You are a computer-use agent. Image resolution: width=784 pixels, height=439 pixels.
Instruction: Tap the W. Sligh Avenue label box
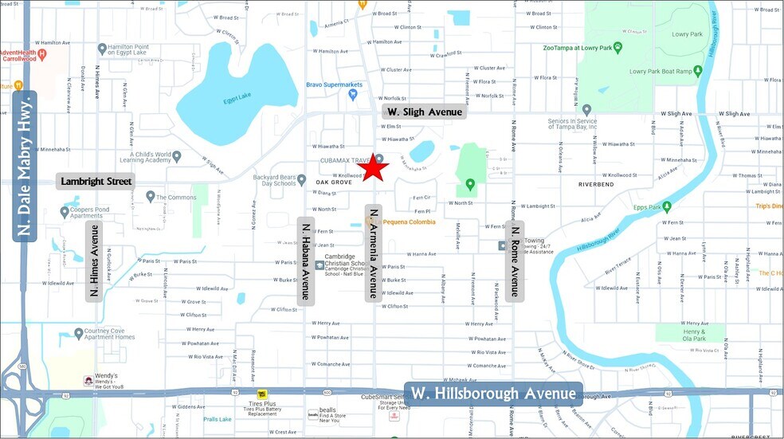422,112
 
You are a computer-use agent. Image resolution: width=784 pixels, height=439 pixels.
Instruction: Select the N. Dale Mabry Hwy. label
26,165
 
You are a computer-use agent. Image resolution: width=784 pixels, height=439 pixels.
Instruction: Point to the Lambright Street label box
96,182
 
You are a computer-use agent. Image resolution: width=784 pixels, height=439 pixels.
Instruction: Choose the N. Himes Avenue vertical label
94,261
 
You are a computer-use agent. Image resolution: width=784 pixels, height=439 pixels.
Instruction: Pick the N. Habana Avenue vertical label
304,261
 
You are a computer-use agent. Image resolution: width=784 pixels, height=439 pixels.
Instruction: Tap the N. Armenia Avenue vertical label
371,253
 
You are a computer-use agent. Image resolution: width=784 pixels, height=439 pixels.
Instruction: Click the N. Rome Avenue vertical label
515,261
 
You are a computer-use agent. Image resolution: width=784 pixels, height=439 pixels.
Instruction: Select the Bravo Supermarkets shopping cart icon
353,95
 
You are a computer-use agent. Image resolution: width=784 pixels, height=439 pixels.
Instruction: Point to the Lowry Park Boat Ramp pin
699,72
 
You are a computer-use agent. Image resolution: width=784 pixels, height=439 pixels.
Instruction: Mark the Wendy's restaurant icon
88,382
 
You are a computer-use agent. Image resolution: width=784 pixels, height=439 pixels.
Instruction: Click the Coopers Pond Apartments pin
65,212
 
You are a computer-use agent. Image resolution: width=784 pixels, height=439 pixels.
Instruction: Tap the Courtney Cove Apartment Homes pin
78,333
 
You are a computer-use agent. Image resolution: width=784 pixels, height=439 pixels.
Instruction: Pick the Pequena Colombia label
410,221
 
